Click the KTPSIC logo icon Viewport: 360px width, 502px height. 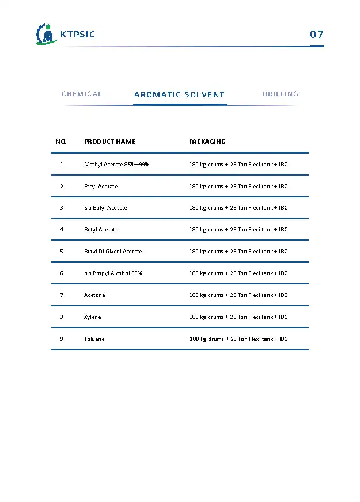44,35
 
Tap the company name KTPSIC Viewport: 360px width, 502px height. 78,35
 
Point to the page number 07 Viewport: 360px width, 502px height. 317,35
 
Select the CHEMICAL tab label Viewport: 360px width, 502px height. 82,94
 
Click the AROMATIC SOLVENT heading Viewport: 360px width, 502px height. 179,94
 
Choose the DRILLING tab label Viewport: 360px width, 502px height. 281,94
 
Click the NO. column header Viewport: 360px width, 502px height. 61,142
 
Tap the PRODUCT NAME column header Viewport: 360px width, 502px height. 110,142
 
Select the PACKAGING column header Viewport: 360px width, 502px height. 207,142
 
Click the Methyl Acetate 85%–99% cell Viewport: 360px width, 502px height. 117,165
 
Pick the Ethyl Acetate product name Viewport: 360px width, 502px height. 101,187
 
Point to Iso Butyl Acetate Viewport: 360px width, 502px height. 105,208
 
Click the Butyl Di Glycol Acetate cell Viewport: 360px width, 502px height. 113,252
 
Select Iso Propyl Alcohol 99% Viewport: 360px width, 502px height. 113,273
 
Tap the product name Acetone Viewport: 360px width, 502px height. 94,295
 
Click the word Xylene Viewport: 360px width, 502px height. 93,317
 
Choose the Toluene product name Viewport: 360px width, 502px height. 94,339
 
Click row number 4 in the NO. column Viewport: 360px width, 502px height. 62,230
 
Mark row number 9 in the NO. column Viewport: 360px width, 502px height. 62,339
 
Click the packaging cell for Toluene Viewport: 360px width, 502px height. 238,339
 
